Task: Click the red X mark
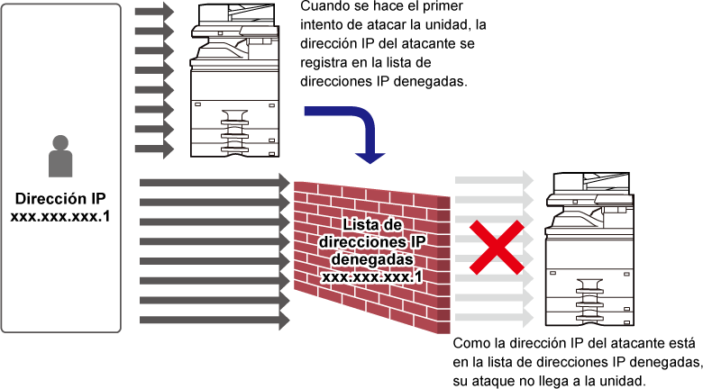[497, 247]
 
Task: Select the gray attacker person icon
[60, 156]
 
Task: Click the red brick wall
[371, 257]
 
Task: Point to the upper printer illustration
[235, 80]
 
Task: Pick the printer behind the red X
[589, 249]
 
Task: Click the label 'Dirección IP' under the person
[60, 198]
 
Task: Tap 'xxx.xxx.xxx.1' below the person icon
[60, 216]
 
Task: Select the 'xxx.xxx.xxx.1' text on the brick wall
[371, 277]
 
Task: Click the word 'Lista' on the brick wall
[358, 224]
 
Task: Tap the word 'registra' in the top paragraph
[324, 63]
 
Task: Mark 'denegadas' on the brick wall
[372, 259]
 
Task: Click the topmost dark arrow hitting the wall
[215, 183]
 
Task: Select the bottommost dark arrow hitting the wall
[215, 321]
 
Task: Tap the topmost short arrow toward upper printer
[154, 11]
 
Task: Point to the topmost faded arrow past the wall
[494, 180]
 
